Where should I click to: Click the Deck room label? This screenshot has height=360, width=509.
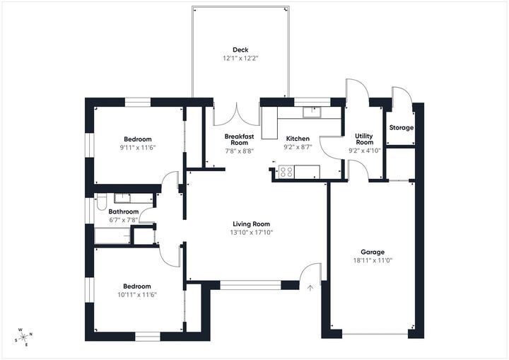[240, 50]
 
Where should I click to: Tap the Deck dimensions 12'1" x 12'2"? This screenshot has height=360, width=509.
[240, 59]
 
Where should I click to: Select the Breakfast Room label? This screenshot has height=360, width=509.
[239, 140]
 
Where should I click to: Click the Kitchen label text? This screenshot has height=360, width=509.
[297, 139]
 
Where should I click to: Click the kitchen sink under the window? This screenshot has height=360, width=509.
[311, 111]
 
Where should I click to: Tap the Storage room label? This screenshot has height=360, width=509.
[401, 127]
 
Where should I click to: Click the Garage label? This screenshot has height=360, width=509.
[372, 252]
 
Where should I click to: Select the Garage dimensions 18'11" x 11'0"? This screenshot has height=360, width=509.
[372, 260]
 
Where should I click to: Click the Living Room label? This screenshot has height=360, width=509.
[251, 223]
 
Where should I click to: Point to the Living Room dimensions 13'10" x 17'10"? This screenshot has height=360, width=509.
[251, 232]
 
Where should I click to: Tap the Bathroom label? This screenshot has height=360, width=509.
[123, 211]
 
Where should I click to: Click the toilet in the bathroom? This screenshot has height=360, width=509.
[100, 203]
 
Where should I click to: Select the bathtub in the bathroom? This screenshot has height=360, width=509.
[112, 236]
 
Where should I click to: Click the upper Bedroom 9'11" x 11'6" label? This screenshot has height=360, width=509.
[138, 139]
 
